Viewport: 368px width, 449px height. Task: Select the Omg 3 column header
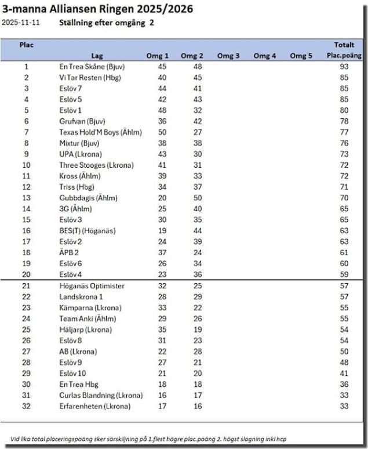pyautogui.click(x=228, y=56)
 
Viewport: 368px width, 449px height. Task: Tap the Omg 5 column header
pyautogui.click(x=301, y=56)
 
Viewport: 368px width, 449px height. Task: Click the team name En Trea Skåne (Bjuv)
pyautogui.click(x=92, y=67)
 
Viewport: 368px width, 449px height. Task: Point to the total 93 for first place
pyautogui.click(x=344, y=67)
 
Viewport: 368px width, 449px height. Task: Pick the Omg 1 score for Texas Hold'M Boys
pyautogui.click(x=162, y=132)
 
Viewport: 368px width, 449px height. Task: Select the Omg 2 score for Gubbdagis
pyautogui.click(x=196, y=198)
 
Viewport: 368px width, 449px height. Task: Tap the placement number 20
pyautogui.click(x=25, y=274)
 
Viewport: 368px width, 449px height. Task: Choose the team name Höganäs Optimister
pyautogui.click(x=92, y=286)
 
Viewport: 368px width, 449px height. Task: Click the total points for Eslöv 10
pyautogui.click(x=344, y=374)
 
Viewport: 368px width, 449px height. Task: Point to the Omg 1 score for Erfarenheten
pyautogui.click(x=162, y=406)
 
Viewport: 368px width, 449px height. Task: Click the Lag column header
pyautogui.click(x=97, y=56)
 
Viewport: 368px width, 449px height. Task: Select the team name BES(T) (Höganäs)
pyautogui.click(x=88, y=231)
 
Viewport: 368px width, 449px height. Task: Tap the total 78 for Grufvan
pyautogui.click(x=344, y=121)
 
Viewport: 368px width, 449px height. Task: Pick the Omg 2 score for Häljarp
pyautogui.click(x=196, y=329)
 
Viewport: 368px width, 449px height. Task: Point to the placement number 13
pyautogui.click(x=25, y=198)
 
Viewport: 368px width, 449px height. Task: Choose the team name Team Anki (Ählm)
pyautogui.click(x=88, y=318)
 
